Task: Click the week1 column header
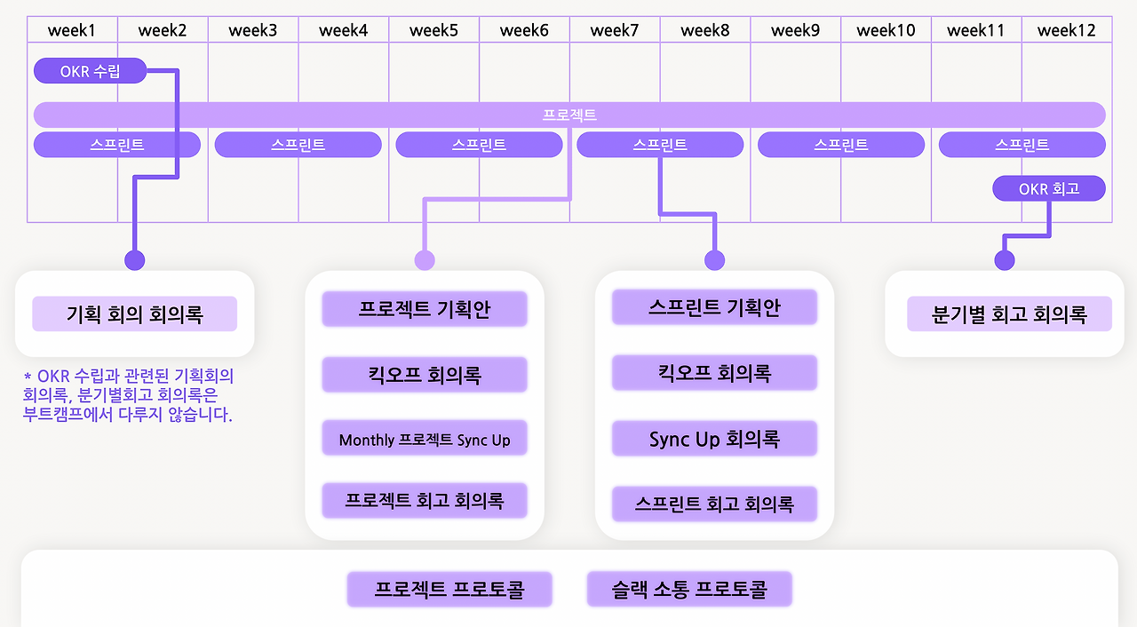point(72,30)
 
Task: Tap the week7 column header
point(615,30)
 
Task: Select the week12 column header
point(1067,30)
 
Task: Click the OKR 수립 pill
point(90,71)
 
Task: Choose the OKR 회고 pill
point(1049,188)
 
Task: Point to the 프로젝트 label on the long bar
point(569,115)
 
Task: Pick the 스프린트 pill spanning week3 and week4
point(298,145)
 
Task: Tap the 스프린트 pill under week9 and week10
point(840,145)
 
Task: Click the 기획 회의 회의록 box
point(135,314)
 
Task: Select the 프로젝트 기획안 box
point(425,309)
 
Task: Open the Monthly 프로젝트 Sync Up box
point(425,440)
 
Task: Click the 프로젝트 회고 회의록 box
point(425,501)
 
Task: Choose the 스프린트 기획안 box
point(714,308)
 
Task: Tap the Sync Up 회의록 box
point(714,439)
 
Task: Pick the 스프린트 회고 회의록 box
point(714,504)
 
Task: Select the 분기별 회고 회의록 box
point(1009,314)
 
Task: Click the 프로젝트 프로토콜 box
point(449,589)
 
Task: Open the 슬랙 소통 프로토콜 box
point(689,589)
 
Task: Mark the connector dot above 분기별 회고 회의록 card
point(1005,260)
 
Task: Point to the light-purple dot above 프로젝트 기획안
point(425,260)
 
